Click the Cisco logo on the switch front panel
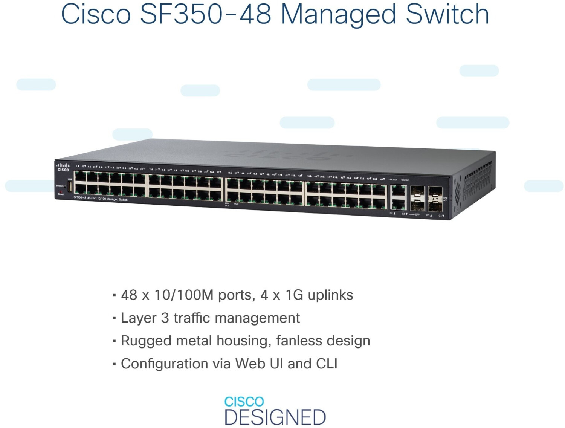click(x=63, y=167)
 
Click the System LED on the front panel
click(x=65, y=186)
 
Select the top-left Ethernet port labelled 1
click(x=80, y=176)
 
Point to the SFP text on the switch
click(x=417, y=214)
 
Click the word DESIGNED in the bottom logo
click(x=275, y=417)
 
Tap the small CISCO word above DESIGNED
click(x=244, y=402)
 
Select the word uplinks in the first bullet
click(x=330, y=295)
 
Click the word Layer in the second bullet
click(x=138, y=318)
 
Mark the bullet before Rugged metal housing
click(x=114, y=341)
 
